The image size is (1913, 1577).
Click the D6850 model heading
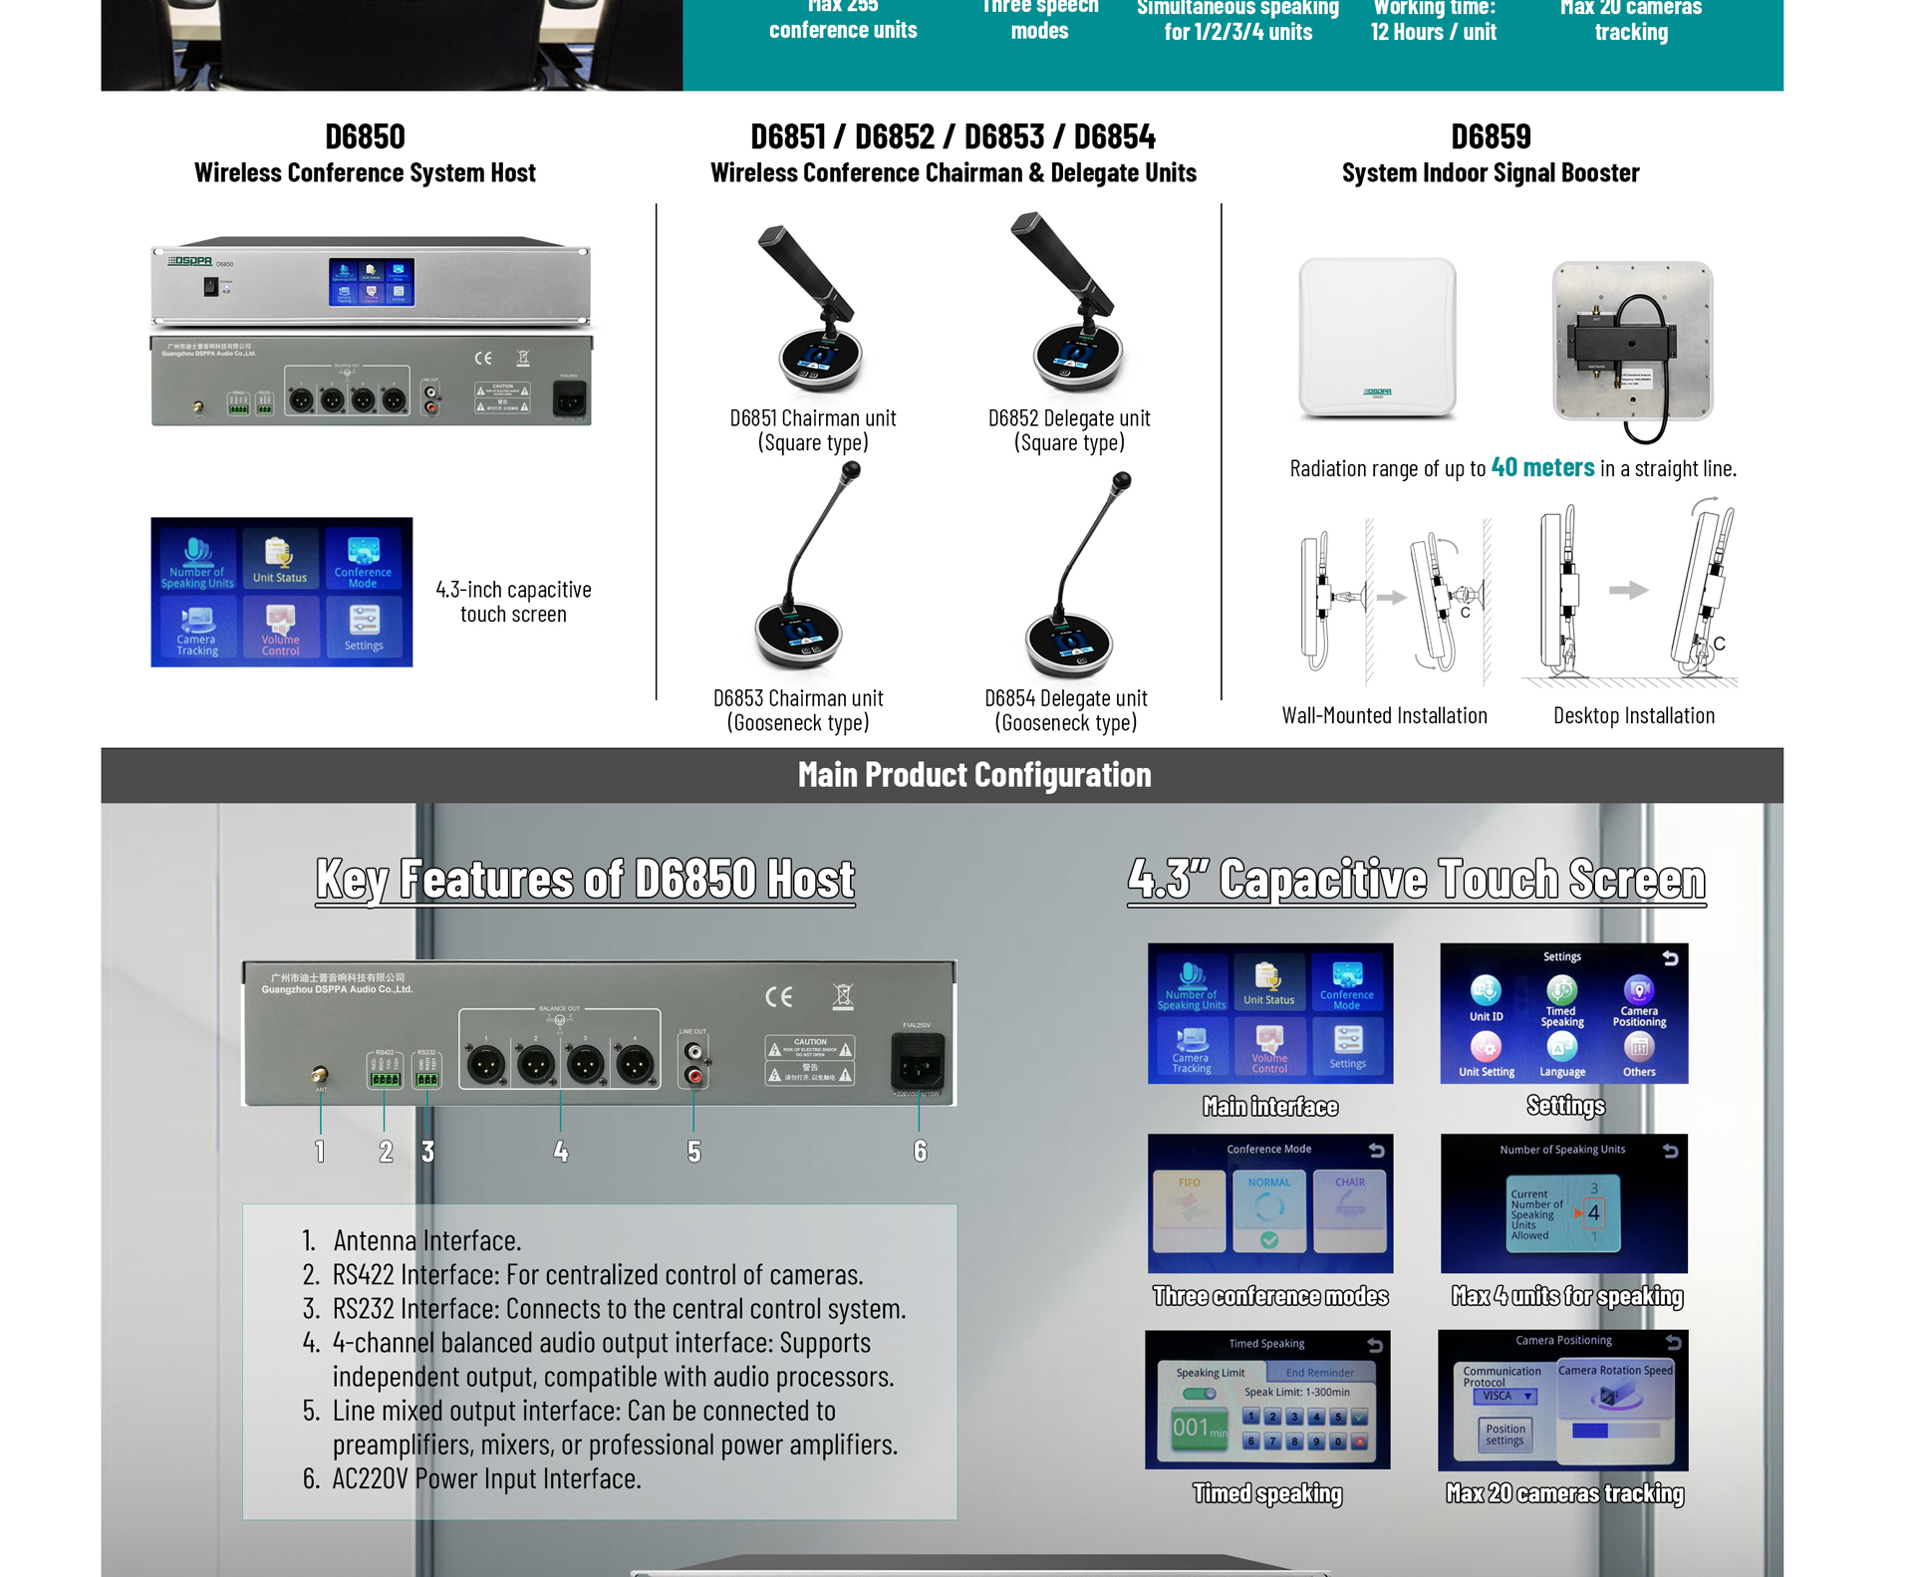[x=365, y=136]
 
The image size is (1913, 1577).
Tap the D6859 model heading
[x=1490, y=136]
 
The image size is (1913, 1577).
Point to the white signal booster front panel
[x=1377, y=337]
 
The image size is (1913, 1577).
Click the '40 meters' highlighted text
[x=1541, y=467]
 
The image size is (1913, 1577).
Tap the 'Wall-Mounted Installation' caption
[x=1384, y=715]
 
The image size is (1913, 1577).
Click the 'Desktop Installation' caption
[x=1633, y=715]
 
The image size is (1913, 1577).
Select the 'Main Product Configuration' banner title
[x=973, y=775]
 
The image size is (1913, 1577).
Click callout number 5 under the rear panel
[x=693, y=1152]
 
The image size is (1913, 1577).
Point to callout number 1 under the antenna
[x=320, y=1152]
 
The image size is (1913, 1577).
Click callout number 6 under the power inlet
[x=920, y=1152]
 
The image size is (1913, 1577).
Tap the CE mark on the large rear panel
[x=778, y=996]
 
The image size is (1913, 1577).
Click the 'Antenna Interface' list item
[x=426, y=1240]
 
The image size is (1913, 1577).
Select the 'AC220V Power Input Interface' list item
[x=486, y=1478]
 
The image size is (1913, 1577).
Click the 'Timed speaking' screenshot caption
[x=1267, y=1493]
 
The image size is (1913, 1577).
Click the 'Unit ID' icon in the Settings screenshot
[x=1486, y=996]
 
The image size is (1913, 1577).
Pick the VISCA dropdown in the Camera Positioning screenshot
[x=1504, y=1396]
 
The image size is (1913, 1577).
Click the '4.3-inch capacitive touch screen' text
[x=513, y=602]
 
